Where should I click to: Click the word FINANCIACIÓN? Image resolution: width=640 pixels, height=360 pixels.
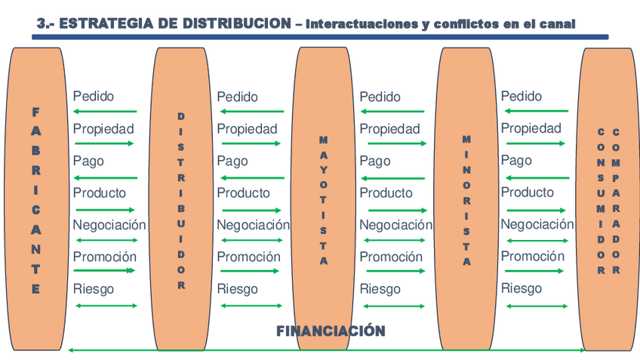pyautogui.click(x=331, y=331)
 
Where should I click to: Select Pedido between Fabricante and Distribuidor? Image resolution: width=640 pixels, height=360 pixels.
pyautogui.click(x=94, y=97)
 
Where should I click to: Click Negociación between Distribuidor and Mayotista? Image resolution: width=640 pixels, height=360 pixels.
pyautogui.click(x=253, y=225)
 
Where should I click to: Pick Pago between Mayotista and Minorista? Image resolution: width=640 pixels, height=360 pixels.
pyautogui.click(x=374, y=161)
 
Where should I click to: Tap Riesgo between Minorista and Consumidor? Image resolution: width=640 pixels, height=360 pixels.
pyautogui.click(x=521, y=288)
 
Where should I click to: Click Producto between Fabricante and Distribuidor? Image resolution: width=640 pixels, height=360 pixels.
pyautogui.click(x=100, y=193)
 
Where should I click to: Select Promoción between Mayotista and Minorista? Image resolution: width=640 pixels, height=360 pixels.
pyautogui.click(x=391, y=257)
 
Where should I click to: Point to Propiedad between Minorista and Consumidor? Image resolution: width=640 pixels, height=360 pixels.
pyautogui.click(x=531, y=128)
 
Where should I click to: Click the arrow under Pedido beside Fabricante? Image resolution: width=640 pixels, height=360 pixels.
pyautogui.click(x=105, y=112)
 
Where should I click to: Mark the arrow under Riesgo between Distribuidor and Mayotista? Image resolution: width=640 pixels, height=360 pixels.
pyautogui.click(x=250, y=306)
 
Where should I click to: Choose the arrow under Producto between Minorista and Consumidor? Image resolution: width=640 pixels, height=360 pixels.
pyautogui.click(x=535, y=209)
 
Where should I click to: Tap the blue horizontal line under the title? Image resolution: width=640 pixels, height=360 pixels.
pyautogui.click(x=321, y=36)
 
